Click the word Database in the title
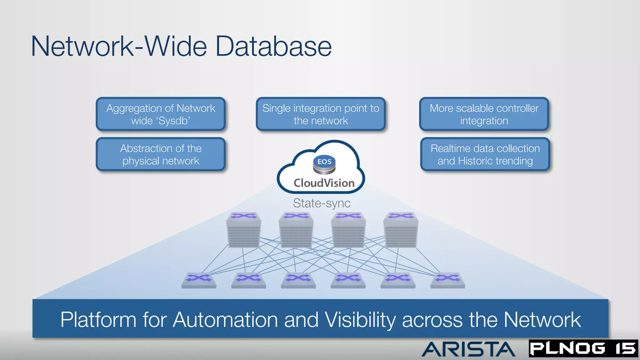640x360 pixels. coord(273,46)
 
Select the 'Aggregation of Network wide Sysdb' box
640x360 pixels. coord(161,114)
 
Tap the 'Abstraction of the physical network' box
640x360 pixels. coord(161,154)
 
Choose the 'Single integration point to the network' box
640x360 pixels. coord(321,114)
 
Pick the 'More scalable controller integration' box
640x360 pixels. coord(484,114)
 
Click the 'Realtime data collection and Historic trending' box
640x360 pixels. coord(485,154)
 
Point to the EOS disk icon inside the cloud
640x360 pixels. coord(324,165)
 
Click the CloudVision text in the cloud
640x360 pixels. coord(324,183)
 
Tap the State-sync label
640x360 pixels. coord(322,203)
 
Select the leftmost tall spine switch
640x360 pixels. coord(244,230)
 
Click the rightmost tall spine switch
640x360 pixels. coord(401,230)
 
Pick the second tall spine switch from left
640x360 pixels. coord(296,230)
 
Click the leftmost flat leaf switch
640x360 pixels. coord(199,280)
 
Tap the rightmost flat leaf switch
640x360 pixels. coord(447,280)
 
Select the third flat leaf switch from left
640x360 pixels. coord(298,280)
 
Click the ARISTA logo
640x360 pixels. coord(468,349)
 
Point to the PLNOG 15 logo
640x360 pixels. coord(583,348)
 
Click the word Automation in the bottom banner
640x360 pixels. coord(225,320)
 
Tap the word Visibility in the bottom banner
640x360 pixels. coord(360,320)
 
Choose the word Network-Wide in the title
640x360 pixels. coord(119,46)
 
